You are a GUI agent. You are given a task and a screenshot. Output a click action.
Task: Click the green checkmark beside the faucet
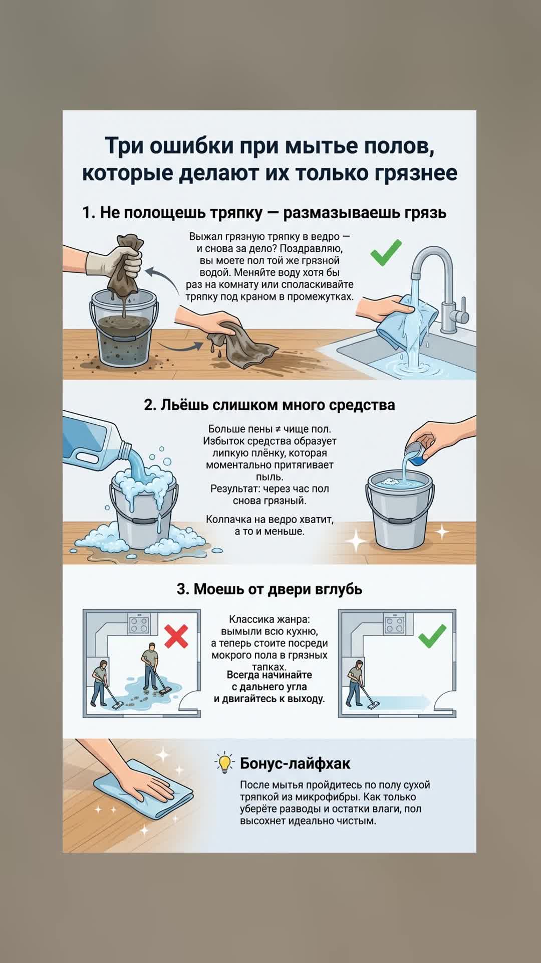(x=386, y=252)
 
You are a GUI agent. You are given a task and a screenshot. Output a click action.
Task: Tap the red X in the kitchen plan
(x=176, y=636)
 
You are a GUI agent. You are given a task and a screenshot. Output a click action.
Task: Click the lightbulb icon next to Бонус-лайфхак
(x=225, y=763)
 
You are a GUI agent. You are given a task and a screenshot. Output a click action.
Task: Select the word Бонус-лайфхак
(x=295, y=763)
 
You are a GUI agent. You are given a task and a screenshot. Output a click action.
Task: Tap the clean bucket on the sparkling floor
(x=400, y=509)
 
